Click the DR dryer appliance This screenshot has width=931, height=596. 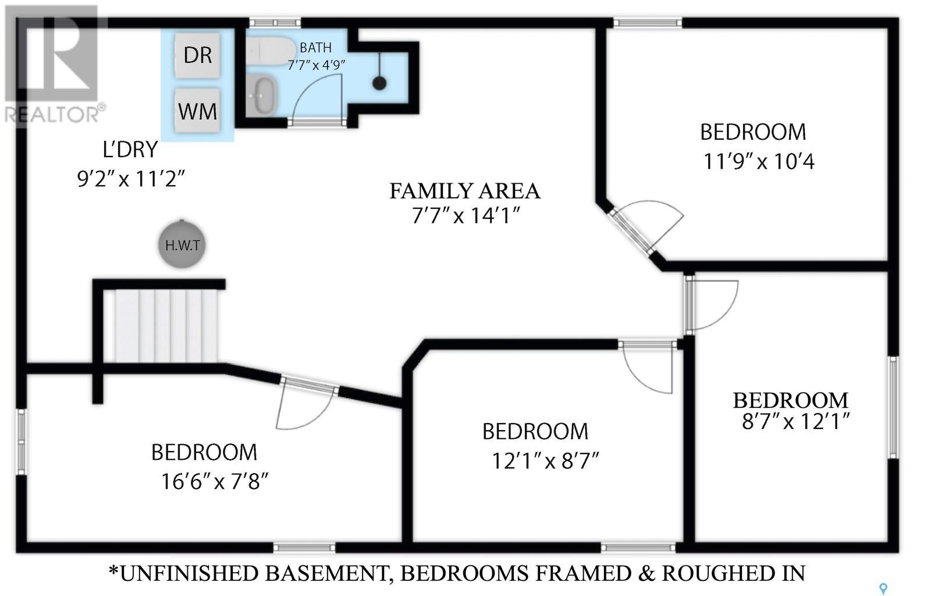point(197,55)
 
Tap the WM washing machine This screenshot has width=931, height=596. point(197,111)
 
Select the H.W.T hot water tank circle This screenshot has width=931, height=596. point(182,244)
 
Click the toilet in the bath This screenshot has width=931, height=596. point(269,51)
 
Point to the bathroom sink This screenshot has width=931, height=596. point(261,95)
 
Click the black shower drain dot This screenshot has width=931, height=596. point(379,83)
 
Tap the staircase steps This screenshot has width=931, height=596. point(166,326)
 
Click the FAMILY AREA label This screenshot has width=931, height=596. point(465,191)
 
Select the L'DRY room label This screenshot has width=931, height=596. point(130,150)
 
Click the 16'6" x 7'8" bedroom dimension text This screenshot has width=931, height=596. point(215,482)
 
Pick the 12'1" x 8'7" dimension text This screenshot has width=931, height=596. point(545,460)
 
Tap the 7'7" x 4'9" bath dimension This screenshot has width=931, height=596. point(317,65)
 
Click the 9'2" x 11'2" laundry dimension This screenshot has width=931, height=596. point(131,179)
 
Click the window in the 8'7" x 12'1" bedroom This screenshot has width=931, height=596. point(893,407)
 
